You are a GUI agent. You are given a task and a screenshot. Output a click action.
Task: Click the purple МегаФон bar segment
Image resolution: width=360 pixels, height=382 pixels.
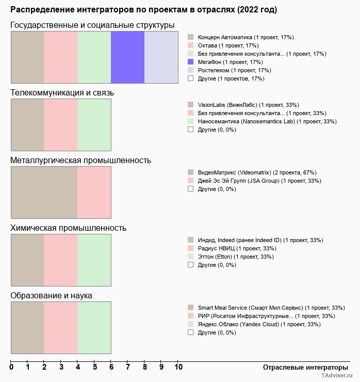(x=127, y=57)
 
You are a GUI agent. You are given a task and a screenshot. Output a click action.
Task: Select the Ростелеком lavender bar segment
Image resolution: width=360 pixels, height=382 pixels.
(x=161, y=57)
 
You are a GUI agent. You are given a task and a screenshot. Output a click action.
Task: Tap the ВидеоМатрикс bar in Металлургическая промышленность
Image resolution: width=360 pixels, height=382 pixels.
(x=44, y=193)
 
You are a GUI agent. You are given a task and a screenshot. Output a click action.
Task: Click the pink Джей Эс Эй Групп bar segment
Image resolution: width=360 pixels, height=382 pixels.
(x=94, y=193)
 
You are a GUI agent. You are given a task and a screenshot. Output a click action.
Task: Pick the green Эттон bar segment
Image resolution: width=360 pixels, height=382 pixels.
(x=94, y=260)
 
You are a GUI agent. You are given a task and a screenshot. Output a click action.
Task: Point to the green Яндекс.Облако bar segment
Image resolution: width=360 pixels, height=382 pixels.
(x=94, y=328)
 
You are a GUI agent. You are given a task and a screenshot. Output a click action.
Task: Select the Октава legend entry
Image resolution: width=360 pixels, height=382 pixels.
(x=226, y=45)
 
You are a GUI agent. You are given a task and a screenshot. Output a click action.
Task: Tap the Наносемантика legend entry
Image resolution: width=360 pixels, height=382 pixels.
(x=267, y=121)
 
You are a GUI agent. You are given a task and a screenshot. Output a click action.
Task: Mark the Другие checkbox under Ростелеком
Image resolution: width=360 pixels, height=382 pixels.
(x=190, y=78)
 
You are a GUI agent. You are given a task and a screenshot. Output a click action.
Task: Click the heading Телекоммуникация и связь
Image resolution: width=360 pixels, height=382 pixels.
(x=62, y=92)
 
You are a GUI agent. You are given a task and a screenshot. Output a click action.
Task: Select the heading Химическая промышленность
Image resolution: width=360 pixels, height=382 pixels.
(x=68, y=228)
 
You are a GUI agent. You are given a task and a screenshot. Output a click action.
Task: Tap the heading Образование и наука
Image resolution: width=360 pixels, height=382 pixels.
(x=51, y=295)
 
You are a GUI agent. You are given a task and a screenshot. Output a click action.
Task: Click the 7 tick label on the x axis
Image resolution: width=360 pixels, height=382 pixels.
(x=127, y=367)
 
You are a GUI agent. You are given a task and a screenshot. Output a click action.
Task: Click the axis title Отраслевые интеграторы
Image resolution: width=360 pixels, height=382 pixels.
(x=302, y=367)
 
